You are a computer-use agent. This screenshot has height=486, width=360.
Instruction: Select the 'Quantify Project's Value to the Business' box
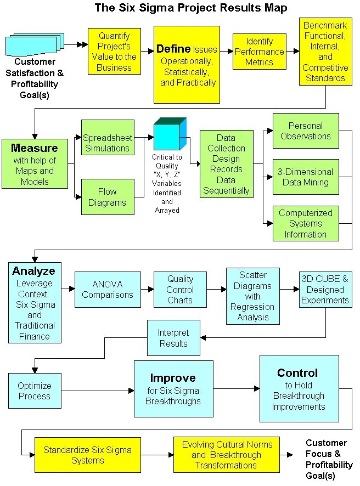pyautogui.click(x=114, y=52)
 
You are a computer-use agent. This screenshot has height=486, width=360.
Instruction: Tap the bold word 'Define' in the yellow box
pyautogui.click(x=173, y=49)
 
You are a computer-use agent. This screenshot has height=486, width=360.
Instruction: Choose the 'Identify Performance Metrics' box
pyautogui.click(x=259, y=52)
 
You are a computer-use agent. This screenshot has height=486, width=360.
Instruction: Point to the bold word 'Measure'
pyautogui.click(x=34, y=148)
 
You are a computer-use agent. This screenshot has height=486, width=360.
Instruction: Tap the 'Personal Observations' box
pyautogui.click(x=306, y=131)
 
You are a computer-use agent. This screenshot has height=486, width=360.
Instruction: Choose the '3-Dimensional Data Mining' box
pyautogui.click(x=306, y=177)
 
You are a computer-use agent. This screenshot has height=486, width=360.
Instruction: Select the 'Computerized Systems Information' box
pyautogui.click(x=306, y=223)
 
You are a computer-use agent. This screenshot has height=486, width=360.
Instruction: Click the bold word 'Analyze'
pyautogui.click(x=34, y=271)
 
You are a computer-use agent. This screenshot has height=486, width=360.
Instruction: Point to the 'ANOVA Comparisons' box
pyautogui.click(x=108, y=290)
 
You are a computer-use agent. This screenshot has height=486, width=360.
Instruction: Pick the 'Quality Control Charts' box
pyautogui.click(x=180, y=290)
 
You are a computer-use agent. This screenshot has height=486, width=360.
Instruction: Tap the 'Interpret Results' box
pyautogui.click(x=173, y=338)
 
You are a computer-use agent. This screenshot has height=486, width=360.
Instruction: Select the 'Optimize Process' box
pyautogui.click(x=34, y=391)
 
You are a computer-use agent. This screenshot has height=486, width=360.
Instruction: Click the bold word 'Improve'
pyautogui.click(x=173, y=378)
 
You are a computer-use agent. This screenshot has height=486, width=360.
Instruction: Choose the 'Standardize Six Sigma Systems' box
pyautogui.click(x=87, y=455)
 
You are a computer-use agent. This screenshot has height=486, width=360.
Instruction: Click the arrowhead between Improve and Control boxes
pyautogui.click(x=256, y=388)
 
